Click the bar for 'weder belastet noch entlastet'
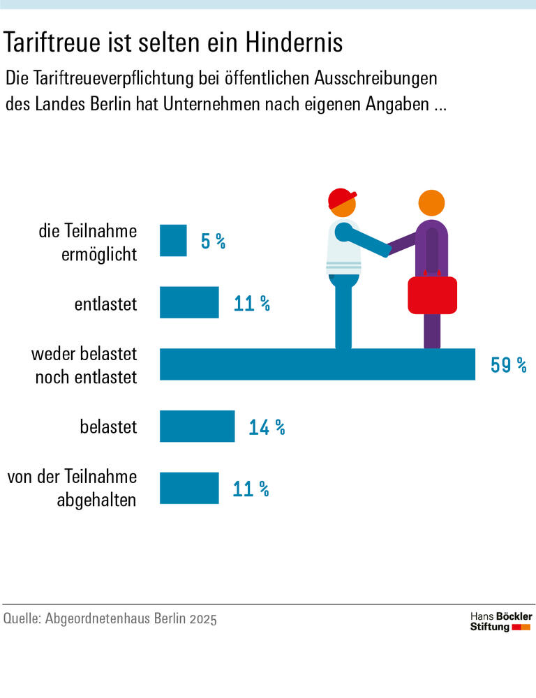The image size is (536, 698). click(x=318, y=364)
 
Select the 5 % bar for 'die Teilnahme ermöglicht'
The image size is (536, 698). click(x=173, y=241)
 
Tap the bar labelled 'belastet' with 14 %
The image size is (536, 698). click(x=197, y=426)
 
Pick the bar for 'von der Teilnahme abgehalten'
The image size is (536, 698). click(x=189, y=488)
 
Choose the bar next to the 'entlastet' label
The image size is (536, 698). click(x=189, y=303)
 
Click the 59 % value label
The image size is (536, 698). click(x=508, y=365)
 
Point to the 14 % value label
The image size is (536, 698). click(x=267, y=427)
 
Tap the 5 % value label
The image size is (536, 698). click(x=213, y=242)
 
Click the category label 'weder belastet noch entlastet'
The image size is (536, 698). click(x=84, y=365)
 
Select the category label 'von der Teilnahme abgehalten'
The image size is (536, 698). click(x=72, y=489)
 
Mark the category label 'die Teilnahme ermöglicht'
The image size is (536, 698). click(x=88, y=242)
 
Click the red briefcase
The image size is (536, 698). click(x=432, y=294)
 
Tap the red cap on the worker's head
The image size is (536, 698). click(x=341, y=198)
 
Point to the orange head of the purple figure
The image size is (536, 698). click(x=431, y=203)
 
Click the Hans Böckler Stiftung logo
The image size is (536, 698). click(x=500, y=621)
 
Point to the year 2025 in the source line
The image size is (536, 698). click(x=202, y=619)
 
